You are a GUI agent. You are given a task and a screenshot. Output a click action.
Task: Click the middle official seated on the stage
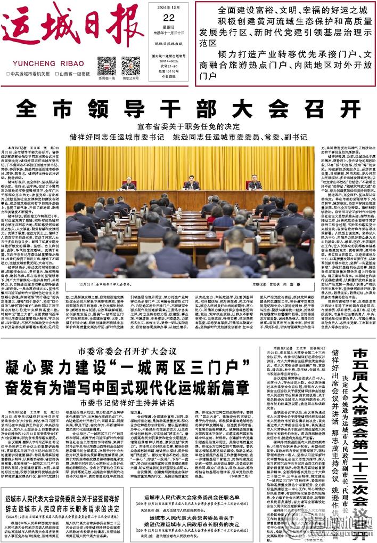(191, 183)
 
